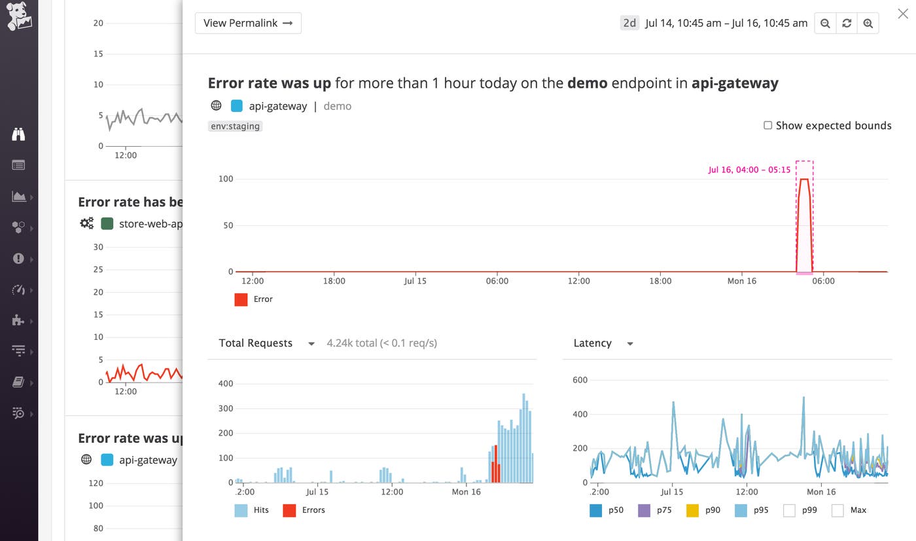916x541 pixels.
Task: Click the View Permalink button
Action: tap(248, 23)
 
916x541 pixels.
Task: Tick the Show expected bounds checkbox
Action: tap(768, 125)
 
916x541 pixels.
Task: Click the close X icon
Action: tap(903, 14)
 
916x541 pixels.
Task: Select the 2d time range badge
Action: tap(629, 23)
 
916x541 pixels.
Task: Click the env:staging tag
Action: tap(235, 126)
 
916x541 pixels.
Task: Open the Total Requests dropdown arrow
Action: tap(311, 344)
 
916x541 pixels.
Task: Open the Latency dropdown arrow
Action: tap(630, 344)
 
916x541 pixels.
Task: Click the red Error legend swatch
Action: tap(241, 299)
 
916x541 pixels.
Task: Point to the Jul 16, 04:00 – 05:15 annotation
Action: tap(749, 170)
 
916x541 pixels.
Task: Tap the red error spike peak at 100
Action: tap(805, 179)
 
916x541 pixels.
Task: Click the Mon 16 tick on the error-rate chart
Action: tap(742, 281)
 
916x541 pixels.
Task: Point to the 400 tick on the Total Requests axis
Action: tap(225, 384)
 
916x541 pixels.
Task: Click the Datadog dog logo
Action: tap(19, 16)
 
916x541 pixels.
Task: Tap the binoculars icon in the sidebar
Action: tap(18, 134)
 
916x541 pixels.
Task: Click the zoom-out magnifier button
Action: tap(825, 24)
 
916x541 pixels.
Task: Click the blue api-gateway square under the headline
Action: tap(237, 106)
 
